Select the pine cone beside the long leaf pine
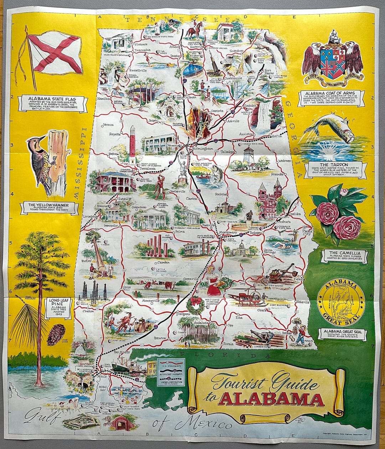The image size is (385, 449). click(x=56, y=335)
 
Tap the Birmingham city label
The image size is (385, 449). click(x=202, y=148)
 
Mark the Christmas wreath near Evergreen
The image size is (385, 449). click(x=196, y=305)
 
